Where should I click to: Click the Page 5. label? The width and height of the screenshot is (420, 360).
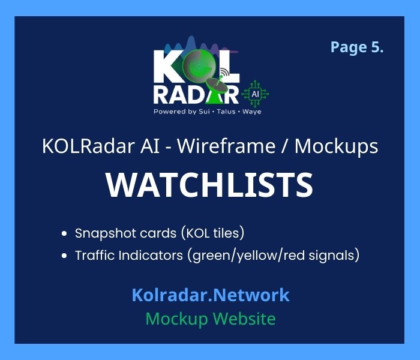coord(356,47)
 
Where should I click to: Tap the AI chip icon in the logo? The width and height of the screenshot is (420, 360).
coord(255,95)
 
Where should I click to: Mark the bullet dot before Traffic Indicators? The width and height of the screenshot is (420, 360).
coord(65,256)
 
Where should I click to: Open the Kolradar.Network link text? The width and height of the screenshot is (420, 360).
coord(210,295)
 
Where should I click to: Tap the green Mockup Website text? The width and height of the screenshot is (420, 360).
coord(210,318)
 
